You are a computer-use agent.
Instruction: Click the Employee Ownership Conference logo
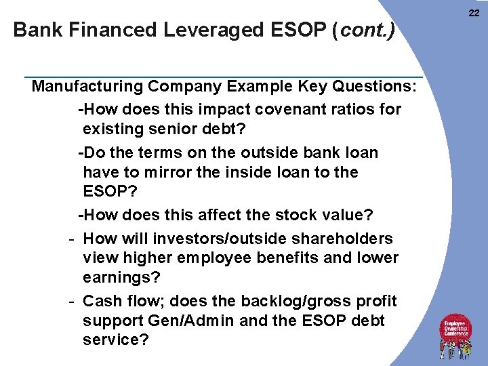tap(456, 335)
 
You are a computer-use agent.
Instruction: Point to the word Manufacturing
tap(87, 87)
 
